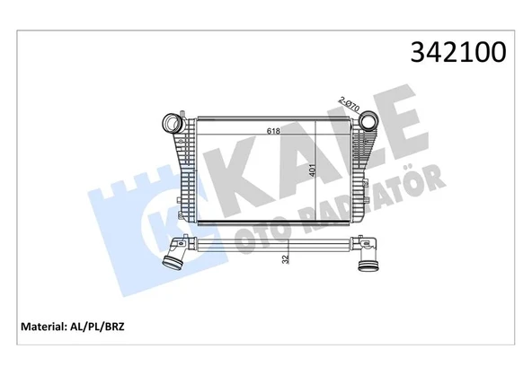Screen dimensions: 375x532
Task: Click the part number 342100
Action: [x=459, y=52]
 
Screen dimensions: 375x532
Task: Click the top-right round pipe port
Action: [x=369, y=124]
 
